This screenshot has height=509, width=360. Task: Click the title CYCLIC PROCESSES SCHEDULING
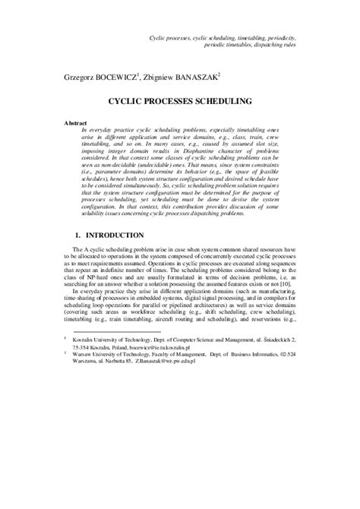179,100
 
